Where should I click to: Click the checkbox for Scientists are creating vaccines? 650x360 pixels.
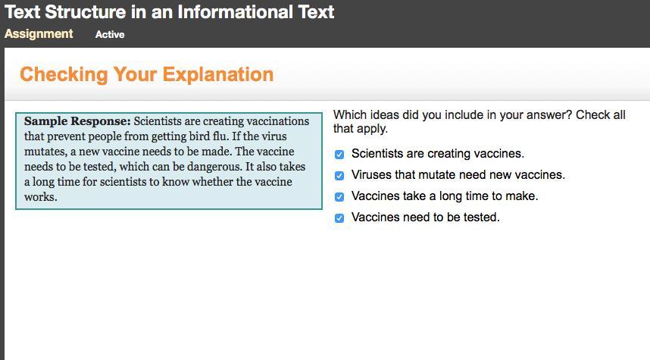tap(339, 155)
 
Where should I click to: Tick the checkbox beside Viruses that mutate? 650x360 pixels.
tap(339, 176)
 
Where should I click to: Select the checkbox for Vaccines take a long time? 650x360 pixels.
tap(339, 197)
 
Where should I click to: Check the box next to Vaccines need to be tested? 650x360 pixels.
tap(339, 218)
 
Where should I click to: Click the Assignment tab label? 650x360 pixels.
tap(39, 34)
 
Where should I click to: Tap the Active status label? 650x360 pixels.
tap(110, 34)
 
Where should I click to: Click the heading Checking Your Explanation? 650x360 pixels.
tap(147, 75)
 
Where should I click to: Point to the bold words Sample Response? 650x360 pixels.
tap(77, 121)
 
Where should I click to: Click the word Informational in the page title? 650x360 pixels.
tap(235, 12)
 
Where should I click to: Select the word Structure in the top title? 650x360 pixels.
tap(85, 12)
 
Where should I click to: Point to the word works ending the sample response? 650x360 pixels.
tap(41, 197)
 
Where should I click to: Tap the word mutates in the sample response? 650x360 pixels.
tap(45, 152)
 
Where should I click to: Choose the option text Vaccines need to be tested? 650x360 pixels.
tap(426, 218)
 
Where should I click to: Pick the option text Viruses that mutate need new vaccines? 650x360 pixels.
tap(458, 175)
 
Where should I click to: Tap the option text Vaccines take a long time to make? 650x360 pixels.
tap(445, 196)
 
